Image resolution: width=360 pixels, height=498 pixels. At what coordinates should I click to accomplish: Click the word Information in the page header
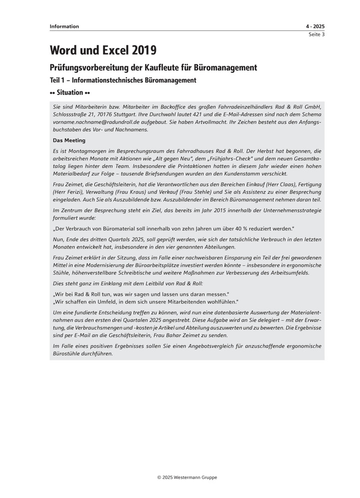(64, 26)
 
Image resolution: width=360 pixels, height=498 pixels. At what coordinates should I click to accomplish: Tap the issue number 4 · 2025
(315, 26)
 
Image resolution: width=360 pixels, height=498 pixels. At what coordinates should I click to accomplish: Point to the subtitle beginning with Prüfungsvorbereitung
(153, 67)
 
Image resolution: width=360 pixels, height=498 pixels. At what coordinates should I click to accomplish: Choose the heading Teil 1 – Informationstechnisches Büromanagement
(123, 80)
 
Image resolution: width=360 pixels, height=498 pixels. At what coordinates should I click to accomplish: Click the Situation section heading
(69, 93)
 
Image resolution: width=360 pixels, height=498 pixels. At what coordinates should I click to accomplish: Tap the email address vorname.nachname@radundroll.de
(99, 122)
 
